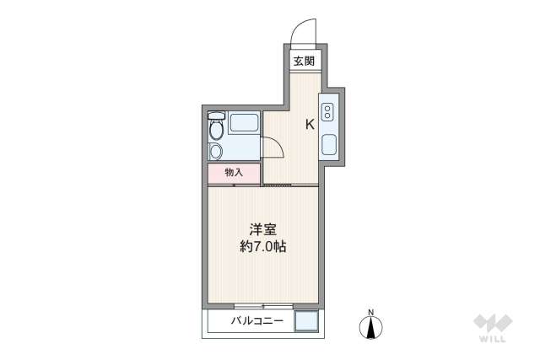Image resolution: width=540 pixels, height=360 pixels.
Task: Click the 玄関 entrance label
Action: (305, 61)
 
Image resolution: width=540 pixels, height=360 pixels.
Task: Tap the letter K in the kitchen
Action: (310, 125)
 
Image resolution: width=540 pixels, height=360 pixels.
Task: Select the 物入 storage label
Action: (234, 172)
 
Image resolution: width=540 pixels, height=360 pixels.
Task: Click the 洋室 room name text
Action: (262, 229)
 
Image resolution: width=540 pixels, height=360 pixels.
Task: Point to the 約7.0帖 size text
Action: (262, 248)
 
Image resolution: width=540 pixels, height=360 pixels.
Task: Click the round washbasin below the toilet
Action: (216, 152)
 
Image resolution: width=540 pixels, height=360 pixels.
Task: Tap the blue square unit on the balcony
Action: (306, 323)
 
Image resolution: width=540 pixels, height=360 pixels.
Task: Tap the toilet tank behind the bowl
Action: (217, 116)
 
